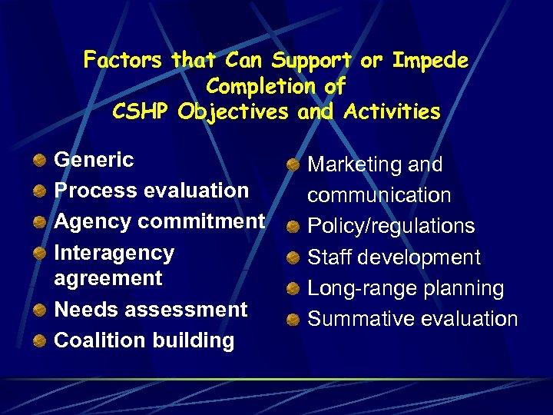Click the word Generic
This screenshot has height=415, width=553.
point(94,160)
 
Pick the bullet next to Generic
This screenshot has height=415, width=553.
point(38,161)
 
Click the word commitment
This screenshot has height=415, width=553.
point(201,221)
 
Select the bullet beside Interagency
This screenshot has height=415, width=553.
point(38,253)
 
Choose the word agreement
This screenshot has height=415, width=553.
point(108,278)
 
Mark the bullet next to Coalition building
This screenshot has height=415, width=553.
point(38,340)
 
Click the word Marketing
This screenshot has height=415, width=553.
point(356,164)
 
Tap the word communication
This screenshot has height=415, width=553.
point(379,195)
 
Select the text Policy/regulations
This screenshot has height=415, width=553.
point(391,226)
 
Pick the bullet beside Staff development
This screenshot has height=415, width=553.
point(293,257)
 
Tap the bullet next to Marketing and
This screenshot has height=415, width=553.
point(293,165)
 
